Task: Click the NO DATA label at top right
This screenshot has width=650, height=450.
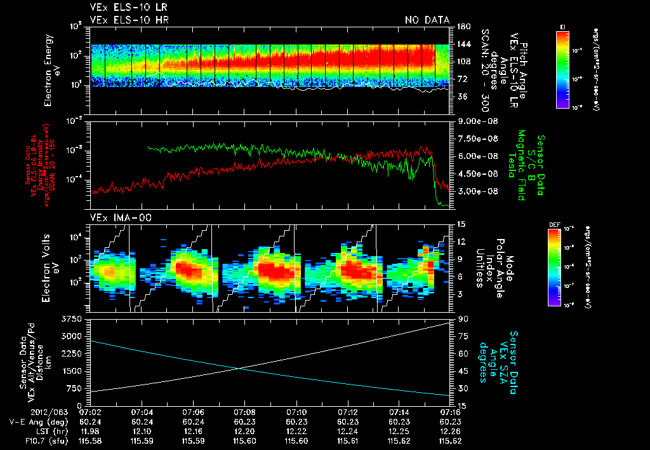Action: [x=427, y=20]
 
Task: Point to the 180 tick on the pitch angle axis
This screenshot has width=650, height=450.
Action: [x=463, y=26]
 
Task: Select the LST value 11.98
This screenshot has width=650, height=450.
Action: [x=90, y=431]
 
